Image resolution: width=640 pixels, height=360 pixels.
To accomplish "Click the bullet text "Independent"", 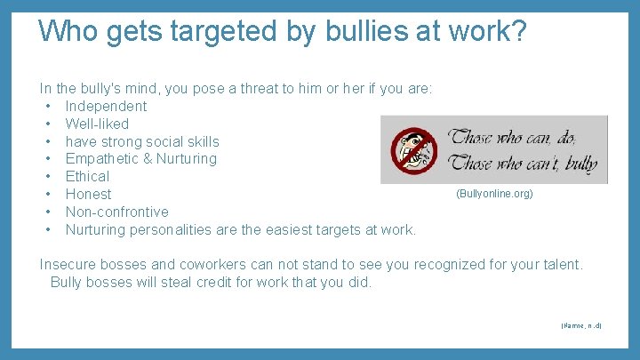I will pos(106,107).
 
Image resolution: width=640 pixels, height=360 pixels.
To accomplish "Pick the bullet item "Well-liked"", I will pos(97,124).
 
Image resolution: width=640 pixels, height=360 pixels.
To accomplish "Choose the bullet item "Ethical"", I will pos(87,176).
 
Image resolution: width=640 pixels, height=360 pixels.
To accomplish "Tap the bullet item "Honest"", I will pos(88,194).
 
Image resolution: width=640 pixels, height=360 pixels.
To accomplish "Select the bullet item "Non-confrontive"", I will pos(116,212).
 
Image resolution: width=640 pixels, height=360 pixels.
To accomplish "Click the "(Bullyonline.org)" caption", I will pos(494,193).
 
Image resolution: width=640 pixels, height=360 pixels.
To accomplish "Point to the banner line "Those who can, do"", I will pos(513,137).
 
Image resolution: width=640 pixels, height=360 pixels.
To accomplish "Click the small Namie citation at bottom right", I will pos(581,326).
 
